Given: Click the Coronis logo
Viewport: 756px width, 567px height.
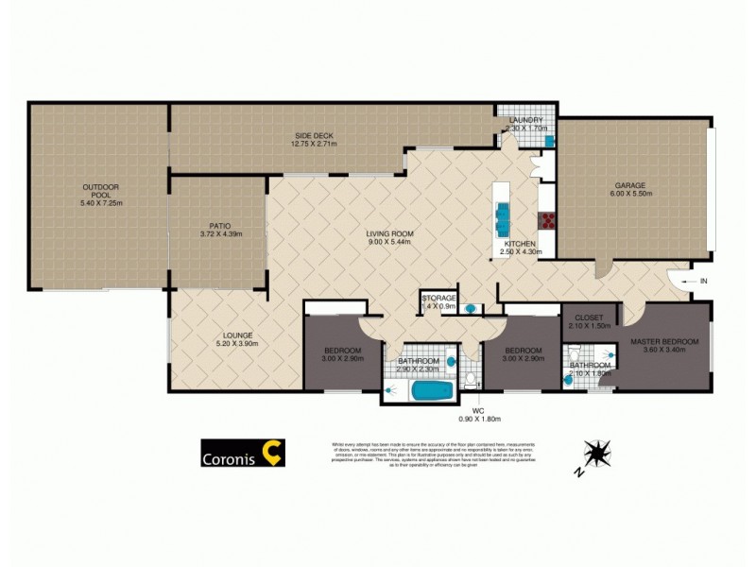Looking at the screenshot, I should pyautogui.click(x=243, y=454).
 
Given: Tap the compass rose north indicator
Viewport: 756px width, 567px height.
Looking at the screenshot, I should pyautogui.click(x=596, y=455).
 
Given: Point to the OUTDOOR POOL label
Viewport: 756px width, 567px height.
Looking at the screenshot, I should pyautogui.click(x=101, y=190).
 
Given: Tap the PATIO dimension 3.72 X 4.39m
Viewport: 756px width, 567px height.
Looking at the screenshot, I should pyautogui.click(x=220, y=234).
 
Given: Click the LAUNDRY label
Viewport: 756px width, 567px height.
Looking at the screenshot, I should pyautogui.click(x=525, y=120).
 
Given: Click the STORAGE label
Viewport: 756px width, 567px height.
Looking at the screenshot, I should pyautogui.click(x=439, y=299).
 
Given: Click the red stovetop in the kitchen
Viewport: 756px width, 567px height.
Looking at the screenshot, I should pyautogui.click(x=547, y=221).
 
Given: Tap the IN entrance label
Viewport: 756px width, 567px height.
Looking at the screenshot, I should pyautogui.click(x=702, y=282).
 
